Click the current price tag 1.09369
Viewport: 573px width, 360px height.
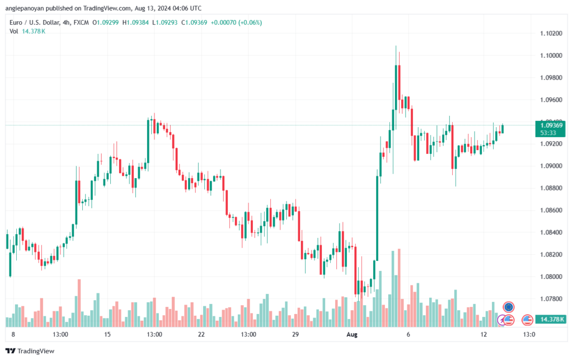552,125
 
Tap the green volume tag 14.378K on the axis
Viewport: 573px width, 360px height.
551,319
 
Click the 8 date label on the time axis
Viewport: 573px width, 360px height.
13,334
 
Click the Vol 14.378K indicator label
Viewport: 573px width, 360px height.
27,31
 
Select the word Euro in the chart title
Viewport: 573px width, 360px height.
17,22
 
